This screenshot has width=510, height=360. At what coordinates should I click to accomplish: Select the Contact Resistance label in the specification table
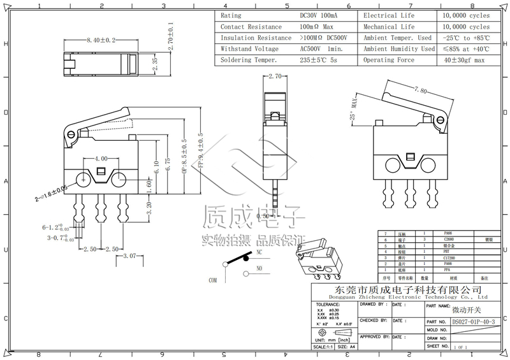(251, 27)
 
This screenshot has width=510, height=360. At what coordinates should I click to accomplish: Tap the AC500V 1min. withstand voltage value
(321, 48)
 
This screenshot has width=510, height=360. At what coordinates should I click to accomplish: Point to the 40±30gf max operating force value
(464, 60)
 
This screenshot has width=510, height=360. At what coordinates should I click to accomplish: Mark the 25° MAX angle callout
(353, 109)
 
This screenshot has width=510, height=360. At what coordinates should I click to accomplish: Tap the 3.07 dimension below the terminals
(131, 256)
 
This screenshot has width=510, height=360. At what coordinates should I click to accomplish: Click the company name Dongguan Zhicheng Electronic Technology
(408, 297)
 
